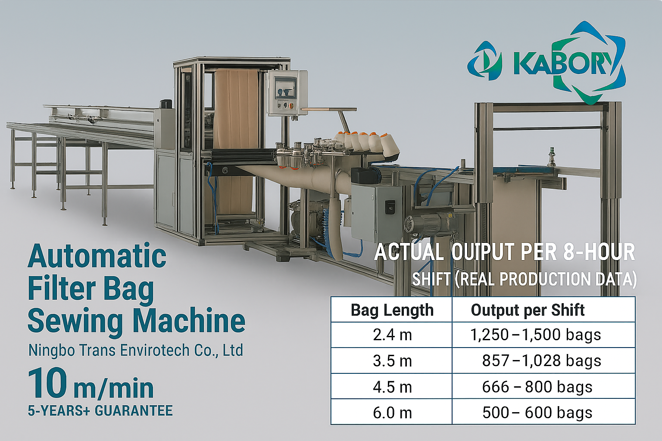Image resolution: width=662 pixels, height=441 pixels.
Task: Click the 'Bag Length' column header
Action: point(392,310)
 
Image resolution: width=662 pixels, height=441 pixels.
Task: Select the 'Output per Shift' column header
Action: point(528,310)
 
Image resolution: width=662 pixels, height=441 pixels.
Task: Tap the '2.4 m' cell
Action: point(392,335)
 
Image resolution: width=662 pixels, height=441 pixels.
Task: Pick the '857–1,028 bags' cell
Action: point(541,360)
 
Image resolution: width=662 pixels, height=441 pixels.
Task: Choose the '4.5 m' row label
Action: point(392,387)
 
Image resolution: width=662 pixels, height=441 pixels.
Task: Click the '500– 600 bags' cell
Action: point(537,413)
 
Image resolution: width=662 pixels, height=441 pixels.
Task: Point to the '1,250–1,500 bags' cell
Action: point(536,335)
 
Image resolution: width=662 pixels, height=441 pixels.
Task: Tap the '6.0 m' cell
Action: point(392,413)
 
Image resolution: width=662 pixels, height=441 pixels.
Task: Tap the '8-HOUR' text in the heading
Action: point(600,252)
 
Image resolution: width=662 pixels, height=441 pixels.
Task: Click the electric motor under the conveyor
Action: point(425,225)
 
